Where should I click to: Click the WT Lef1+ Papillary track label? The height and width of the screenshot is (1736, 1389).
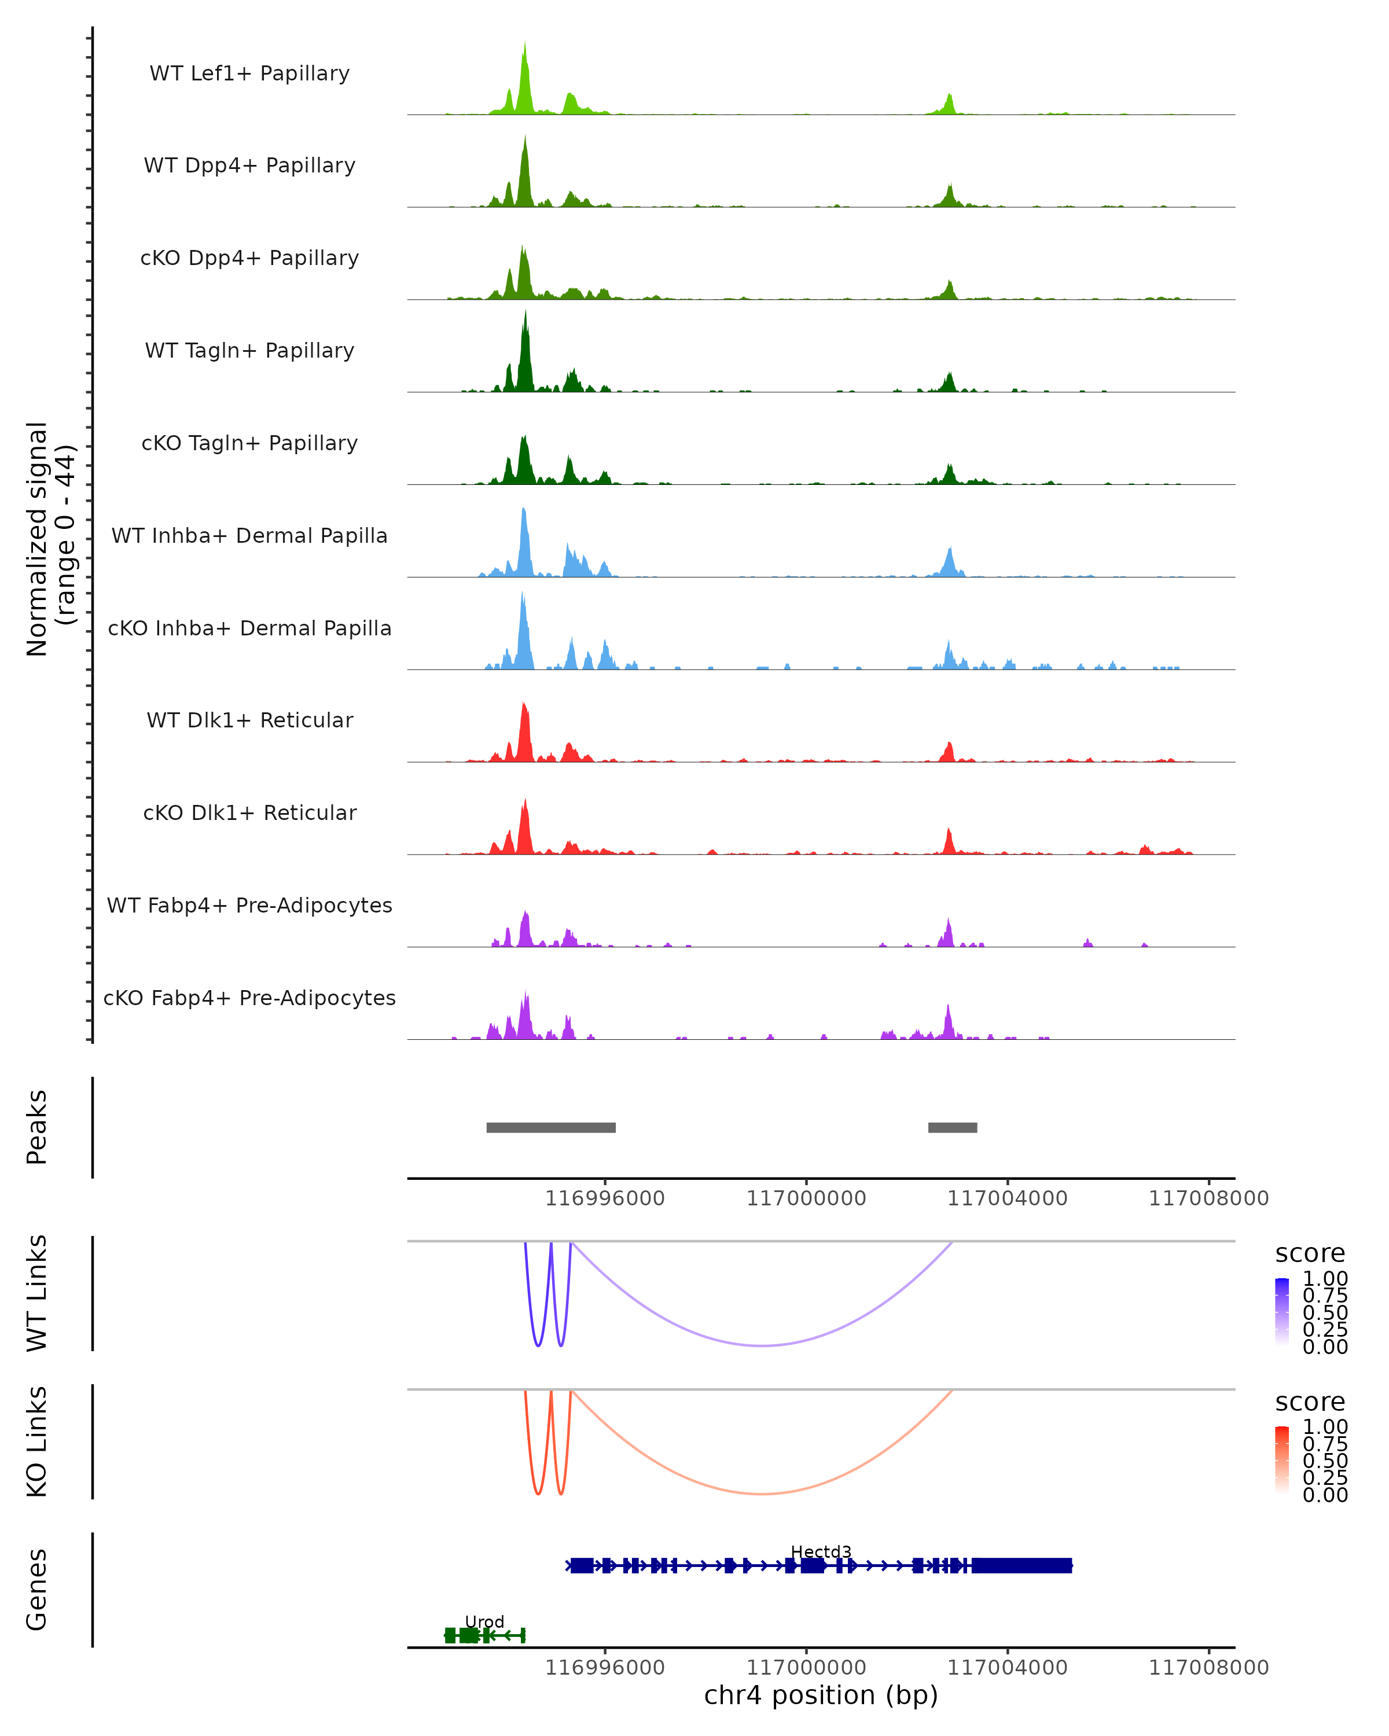249,73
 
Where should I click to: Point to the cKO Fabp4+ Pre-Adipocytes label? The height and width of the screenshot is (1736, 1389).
249,998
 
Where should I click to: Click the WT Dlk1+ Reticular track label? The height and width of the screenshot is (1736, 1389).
249,720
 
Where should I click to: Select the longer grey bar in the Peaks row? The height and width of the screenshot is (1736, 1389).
551,1127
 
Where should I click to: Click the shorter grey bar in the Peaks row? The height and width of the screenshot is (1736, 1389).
953,1127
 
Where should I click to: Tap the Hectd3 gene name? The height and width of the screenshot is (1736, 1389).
821,1551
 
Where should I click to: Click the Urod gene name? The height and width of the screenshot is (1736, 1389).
484,1621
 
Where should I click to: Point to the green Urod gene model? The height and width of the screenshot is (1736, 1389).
484,1635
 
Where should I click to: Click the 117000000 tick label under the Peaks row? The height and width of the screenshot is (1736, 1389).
806,1198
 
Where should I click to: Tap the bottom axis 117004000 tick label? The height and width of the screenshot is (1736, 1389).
1008,1668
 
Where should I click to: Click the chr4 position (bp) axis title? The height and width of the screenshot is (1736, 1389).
821,1695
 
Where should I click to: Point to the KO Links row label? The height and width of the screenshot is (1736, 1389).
37,1441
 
